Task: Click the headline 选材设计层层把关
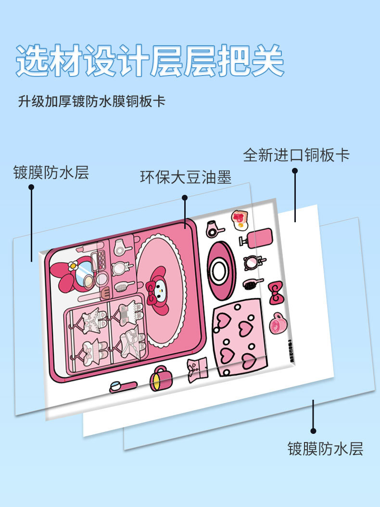(150, 61)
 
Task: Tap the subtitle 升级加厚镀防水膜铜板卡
(91, 102)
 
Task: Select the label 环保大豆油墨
(186, 177)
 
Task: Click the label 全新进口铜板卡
(296, 155)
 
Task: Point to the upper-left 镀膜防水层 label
(51, 172)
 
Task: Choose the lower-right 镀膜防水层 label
(325, 448)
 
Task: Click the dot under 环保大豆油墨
(185, 197)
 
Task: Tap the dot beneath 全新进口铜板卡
(295, 170)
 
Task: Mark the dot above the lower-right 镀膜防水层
(313, 431)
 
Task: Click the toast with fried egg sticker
(240, 219)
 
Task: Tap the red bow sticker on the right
(276, 293)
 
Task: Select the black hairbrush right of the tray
(251, 284)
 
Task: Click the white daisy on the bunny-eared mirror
(73, 265)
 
